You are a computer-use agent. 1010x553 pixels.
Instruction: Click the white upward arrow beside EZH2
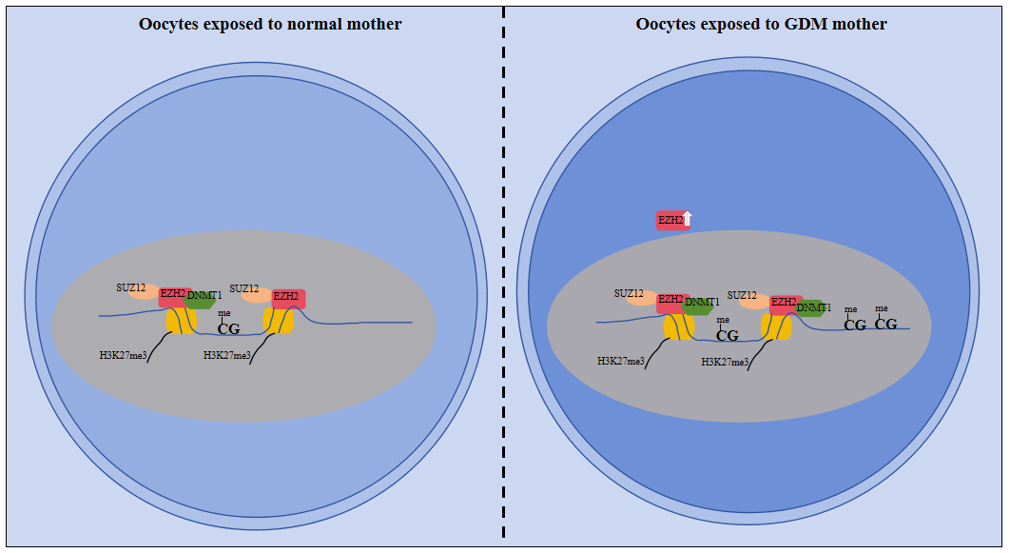point(688,220)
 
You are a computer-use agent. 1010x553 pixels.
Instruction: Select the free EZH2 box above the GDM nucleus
point(671,220)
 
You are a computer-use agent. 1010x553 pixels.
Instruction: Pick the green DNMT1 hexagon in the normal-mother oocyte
point(202,298)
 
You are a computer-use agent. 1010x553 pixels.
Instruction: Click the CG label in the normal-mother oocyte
point(228,328)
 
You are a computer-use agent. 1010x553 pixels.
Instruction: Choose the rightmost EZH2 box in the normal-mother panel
point(288,298)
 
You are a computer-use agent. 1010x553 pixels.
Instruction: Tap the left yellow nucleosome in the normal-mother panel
point(181,320)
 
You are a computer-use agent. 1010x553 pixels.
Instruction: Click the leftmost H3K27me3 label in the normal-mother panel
point(123,355)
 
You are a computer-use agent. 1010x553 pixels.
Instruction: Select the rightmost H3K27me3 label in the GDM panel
point(726,362)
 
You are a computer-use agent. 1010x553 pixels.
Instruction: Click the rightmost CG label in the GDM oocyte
point(885,325)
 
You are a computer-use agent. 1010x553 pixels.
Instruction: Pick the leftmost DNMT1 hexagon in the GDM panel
point(700,305)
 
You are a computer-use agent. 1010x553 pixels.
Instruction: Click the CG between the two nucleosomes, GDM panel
point(727,335)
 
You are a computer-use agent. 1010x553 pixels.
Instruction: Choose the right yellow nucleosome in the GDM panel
point(777,326)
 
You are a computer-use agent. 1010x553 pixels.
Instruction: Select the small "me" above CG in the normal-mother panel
point(224,313)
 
